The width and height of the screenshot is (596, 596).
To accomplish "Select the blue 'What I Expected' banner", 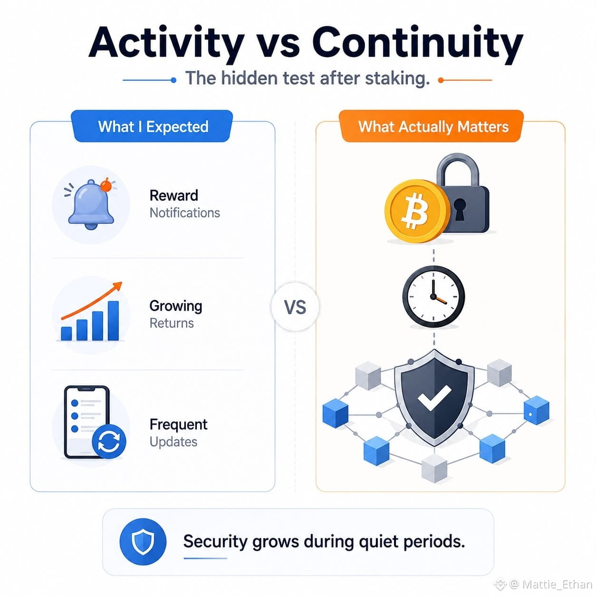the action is tap(152, 126).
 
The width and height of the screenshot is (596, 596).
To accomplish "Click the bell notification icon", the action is tap(91, 204).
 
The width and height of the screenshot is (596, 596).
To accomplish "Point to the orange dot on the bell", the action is tap(106, 185).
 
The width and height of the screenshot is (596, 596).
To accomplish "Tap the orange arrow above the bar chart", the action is tap(92, 301).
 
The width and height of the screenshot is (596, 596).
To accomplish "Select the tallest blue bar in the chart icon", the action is tap(113, 321).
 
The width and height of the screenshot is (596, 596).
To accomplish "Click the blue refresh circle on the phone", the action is tap(109, 442).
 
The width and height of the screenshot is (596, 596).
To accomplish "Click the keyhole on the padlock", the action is tap(460, 209).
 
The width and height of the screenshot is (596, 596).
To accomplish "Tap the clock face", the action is tap(433, 296).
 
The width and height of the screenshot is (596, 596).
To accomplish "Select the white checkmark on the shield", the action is tap(433, 398).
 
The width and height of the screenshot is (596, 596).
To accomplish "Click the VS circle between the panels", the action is tap(295, 307).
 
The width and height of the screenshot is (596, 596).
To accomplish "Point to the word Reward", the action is tap(174, 195).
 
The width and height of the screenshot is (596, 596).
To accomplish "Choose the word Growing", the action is tap(176, 306).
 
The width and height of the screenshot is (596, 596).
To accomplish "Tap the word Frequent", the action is tap(178, 424).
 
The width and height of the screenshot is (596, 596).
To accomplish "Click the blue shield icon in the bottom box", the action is tap(143, 541).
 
